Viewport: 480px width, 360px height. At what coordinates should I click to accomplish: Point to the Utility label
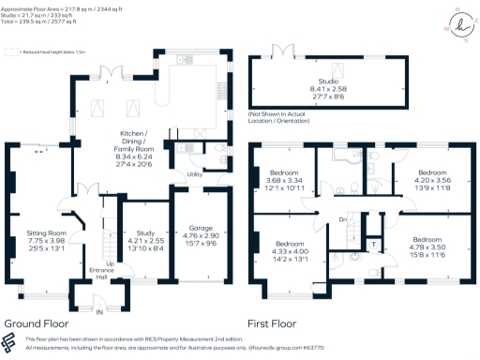(195, 174)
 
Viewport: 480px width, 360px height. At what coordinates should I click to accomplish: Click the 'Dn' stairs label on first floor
(343, 220)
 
